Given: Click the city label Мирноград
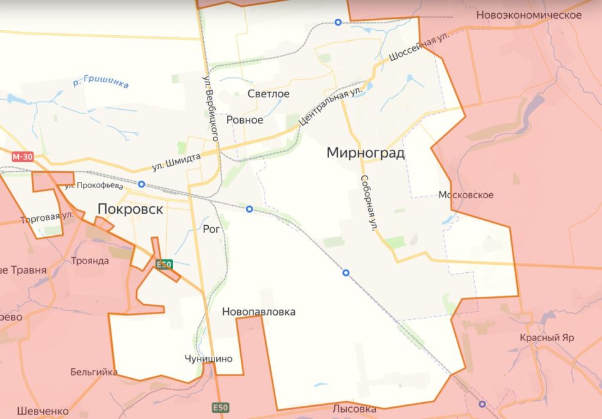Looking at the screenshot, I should pos(366,152).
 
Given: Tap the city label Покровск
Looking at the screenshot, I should pos(130,209).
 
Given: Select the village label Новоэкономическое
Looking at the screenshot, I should pos(529,15).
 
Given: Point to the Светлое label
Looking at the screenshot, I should pos(268,94).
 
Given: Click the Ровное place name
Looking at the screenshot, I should pos(245,119).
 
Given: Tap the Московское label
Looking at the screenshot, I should pos(466,195).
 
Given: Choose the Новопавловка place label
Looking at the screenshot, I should pos(258,312).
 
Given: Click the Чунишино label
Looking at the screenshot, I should pos(209,359).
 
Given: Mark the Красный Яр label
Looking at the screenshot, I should pos(547,337).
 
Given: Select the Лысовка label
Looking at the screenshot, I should pos(354,409).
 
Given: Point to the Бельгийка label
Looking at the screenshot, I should pos(94,372).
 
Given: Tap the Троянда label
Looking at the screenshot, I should pos(90,261).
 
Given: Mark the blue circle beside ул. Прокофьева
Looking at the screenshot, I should pos(142,184).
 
